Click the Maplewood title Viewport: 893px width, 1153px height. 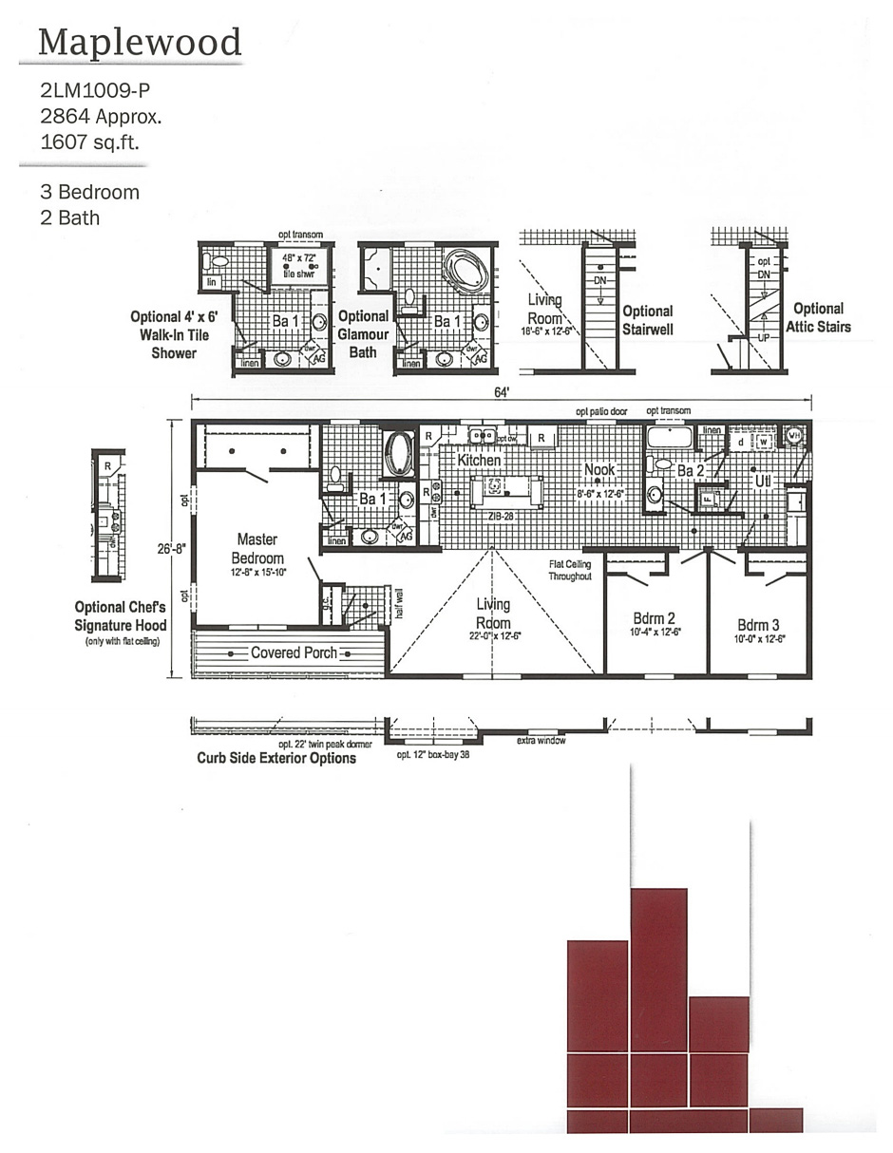click(140, 42)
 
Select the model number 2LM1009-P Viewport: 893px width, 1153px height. click(95, 91)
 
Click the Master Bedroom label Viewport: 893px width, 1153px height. click(256, 549)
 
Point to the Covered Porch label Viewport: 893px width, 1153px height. click(294, 653)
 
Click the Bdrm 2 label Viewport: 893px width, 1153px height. click(655, 618)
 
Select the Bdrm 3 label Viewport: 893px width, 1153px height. click(758, 625)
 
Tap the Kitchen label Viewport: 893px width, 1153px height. click(479, 460)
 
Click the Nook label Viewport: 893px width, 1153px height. click(599, 470)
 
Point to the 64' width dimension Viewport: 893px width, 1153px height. click(500, 392)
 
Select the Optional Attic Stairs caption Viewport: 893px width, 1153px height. click(818, 317)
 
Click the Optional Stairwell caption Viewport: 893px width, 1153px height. click(648, 320)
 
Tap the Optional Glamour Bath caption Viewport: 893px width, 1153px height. click(364, 333)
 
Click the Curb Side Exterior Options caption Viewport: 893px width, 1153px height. click(276, 759)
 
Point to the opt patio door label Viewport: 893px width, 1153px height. click(601, 411)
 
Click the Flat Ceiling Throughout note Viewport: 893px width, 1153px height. click(570, 570)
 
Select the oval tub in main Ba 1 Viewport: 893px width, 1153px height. click(398, 454)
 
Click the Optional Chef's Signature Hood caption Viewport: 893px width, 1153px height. click(121, 616)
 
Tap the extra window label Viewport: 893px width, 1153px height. click(541, 741)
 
